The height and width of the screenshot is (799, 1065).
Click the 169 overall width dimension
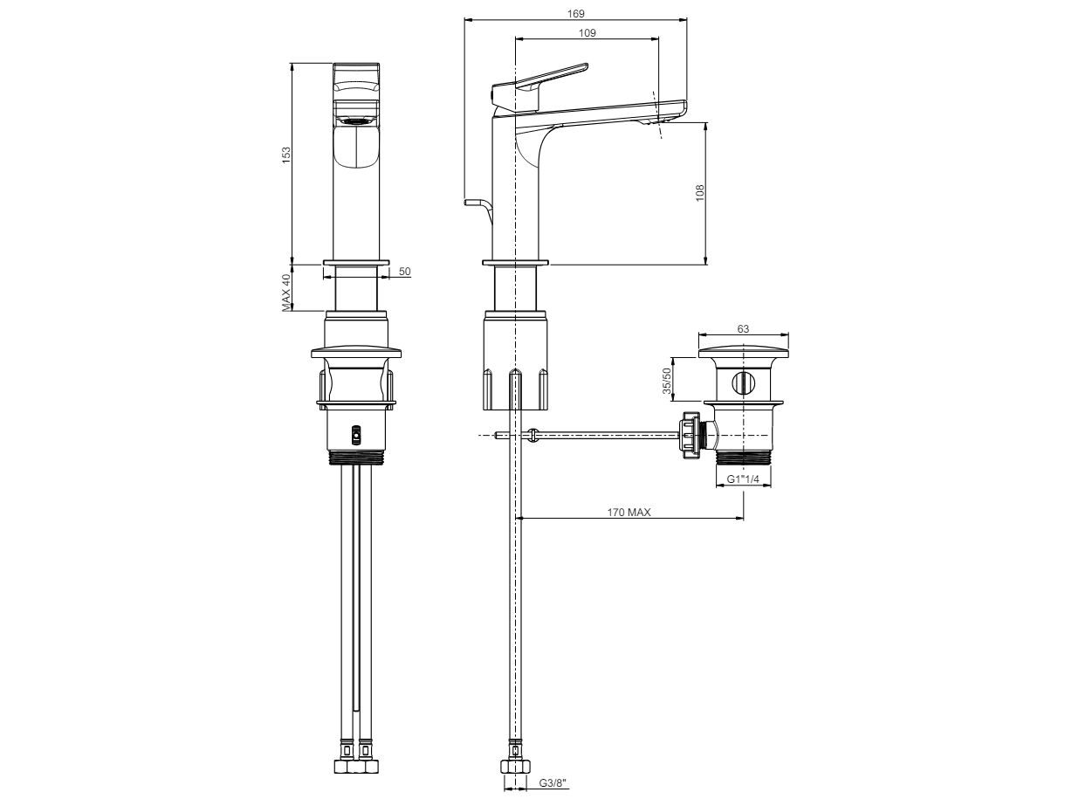tap(575, 14)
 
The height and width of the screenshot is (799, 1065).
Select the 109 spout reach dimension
tap(587, 33)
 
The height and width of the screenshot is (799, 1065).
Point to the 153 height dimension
tap(286, 154)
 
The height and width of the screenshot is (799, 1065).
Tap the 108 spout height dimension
tap(699, 193)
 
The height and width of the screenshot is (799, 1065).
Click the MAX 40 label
tap(286, 293)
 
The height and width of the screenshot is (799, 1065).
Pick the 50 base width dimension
tap(405, 272)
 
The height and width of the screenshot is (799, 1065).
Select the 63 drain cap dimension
tap(743, 329)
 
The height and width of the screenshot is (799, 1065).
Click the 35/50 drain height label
tap(667, 381)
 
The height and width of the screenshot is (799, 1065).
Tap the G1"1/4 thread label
tap(742, 479)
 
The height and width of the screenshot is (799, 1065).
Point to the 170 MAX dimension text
tap(629, 513)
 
